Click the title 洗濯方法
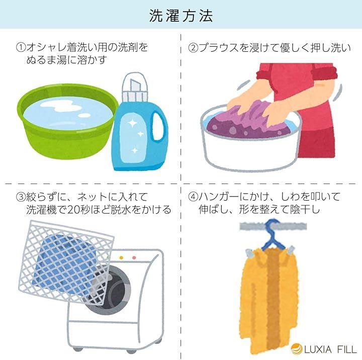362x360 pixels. point(181,16)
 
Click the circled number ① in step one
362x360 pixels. point(21,47)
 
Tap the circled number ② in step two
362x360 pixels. point(193,48)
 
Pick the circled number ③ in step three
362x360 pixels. point(21,197)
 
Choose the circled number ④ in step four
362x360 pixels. point(193,197)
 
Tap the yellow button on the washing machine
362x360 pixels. point(121,258)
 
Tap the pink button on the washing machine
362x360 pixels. point(134,258)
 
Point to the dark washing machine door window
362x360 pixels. point(113,292)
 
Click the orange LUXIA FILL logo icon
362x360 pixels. point(297,349)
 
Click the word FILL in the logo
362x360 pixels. point(347,349)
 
